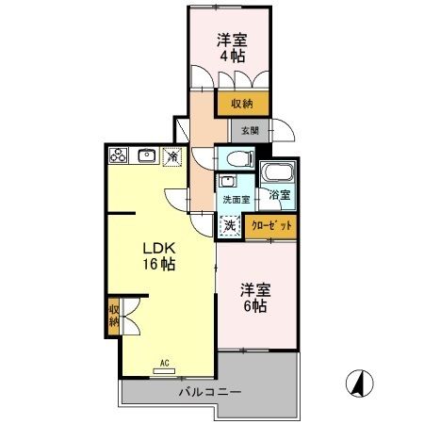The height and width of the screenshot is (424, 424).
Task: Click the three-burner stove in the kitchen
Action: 119,155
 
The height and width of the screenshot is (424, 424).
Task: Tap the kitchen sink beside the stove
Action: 147,155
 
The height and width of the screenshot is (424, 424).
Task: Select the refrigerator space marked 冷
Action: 172,156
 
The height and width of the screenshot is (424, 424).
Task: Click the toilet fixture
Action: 236,157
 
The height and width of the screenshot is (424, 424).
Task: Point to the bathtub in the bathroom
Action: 277,174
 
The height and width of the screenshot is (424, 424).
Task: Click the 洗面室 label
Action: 236,199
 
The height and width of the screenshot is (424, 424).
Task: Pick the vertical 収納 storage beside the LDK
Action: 114,315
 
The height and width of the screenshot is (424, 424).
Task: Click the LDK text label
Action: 155,248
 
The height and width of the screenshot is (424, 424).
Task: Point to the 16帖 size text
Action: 155,265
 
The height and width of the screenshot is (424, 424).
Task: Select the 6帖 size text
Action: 253,307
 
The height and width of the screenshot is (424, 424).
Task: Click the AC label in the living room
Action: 163,362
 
